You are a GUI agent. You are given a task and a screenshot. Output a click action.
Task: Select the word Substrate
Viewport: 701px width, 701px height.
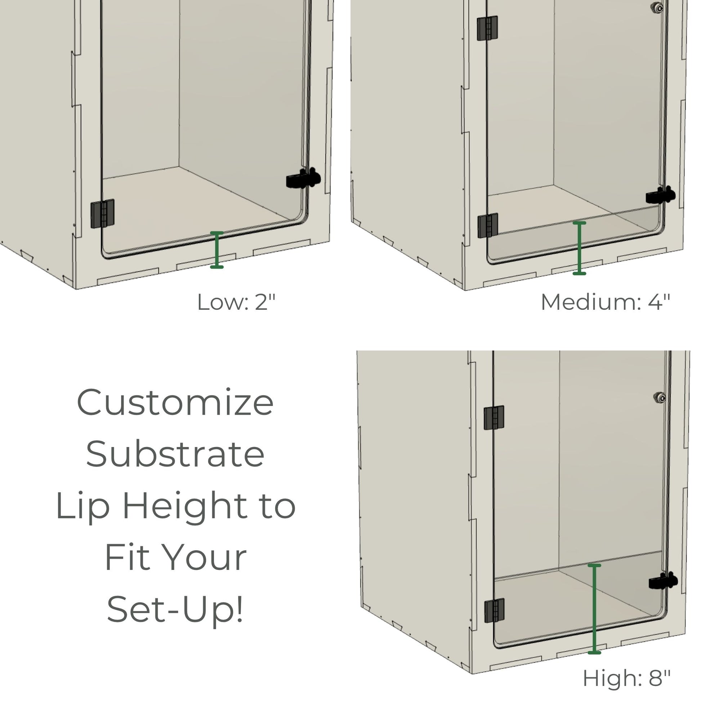[x=175, y=454]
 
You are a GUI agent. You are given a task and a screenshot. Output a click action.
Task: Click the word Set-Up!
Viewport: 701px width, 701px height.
[x=175, y=609]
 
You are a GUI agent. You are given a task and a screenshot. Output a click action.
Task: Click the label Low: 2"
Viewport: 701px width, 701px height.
[x=237, y=302]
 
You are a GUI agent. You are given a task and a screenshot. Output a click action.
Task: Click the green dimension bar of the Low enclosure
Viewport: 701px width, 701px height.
[x=217, y=250]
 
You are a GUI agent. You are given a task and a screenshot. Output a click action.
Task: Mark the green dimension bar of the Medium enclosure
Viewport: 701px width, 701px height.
[x=580, y=248]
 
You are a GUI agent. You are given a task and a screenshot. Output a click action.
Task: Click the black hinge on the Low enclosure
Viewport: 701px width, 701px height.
[x=102, y=214]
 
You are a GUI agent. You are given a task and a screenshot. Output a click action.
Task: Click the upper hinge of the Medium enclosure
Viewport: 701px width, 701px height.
[x=487, y=28]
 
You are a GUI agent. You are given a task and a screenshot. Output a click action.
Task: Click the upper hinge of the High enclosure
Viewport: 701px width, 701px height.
[x=494, y=418]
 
